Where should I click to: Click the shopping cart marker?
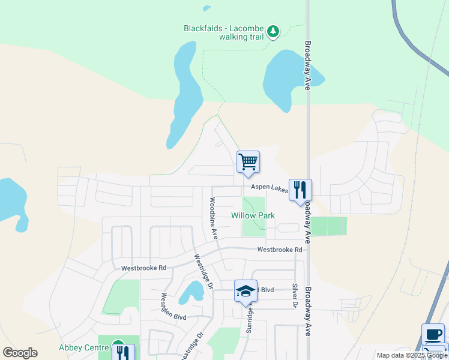coord(248,162)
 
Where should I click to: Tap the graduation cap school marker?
coord(246,292)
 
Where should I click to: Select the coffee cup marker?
coord(433,335)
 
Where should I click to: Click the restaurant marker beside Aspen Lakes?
coord(300,190)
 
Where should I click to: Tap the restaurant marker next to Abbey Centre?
coord(122,352)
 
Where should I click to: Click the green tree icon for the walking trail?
coord(273,31)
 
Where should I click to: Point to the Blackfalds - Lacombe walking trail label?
coord(223,32)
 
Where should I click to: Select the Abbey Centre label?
coord(83,347)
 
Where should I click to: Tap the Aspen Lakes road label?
coord(270,188)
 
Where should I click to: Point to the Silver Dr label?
coord(295,296)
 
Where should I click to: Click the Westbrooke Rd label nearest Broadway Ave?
coord(279,250)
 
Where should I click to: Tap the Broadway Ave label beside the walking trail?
coord(307,65)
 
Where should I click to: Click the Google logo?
coord(20,353)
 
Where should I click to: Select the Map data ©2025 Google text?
coord(411,355)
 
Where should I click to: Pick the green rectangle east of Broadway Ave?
coord(329,226)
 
